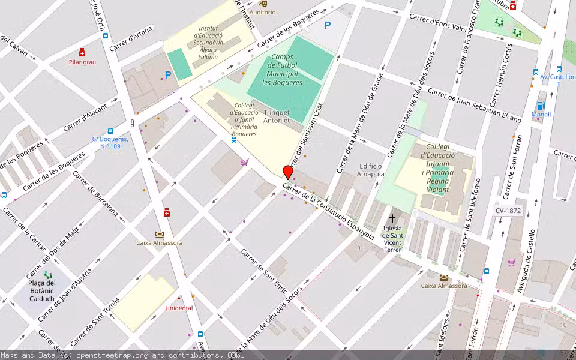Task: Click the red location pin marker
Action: [288, 172]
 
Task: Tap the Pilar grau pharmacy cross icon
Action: [82, 52]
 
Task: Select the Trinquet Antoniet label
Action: [277, 116]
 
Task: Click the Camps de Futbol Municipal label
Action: [282, 70]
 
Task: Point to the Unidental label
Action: [179, 308]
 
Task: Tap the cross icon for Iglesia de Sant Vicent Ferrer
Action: [392, 218]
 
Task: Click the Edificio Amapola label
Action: [370, 170]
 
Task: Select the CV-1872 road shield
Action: [508, 211]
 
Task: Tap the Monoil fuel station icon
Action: [541, 106]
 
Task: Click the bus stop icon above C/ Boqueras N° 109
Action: [110, 131]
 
